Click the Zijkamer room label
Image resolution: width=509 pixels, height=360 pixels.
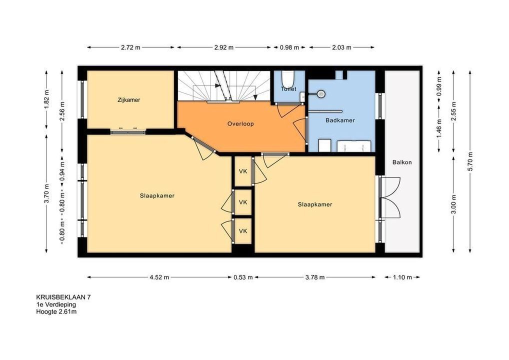[x=129, y=100]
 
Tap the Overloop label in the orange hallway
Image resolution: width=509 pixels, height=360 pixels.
[x=240, y=123]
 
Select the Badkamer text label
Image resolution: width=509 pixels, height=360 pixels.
[x=340, y=120]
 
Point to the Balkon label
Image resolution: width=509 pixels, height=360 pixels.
[x=402, y=162]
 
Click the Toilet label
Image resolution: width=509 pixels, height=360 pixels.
[x=288, y=88]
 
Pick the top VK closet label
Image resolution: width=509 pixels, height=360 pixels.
[x=243, y=171]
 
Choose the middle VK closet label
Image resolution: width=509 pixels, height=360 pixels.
[x=243, y=202]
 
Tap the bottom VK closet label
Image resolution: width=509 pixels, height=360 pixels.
[x=243, y=231]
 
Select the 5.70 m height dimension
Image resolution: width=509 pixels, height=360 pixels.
[x=470, y=161]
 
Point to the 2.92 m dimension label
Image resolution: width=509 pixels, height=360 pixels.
[x=223, y=47]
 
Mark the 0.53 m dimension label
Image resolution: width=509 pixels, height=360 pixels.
[x=243, y=277]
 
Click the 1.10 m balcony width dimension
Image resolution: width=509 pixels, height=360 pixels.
[x=402, y=277]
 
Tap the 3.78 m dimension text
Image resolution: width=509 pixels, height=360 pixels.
[x=314, y=277]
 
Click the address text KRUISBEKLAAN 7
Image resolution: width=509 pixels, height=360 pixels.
[x=63, y=297]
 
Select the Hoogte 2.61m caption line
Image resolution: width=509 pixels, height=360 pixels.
[x=56, y=312]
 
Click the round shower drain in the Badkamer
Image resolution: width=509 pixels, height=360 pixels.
[x=321, y=94]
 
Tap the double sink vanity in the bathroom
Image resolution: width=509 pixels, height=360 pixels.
[x=354, y=146]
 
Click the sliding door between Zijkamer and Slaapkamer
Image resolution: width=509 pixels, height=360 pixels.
[x=128, y=132]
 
